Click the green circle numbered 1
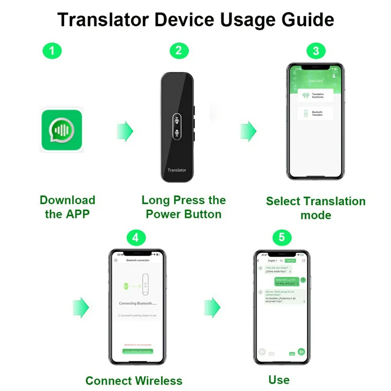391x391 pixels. click(x=52, y=51)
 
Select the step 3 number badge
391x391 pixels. click(x=316, y=51)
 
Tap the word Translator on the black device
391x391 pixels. click(x=177, y=170)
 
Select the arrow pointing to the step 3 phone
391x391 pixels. click(x=248, y=131)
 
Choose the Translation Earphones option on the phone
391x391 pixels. click(x=315, y=96)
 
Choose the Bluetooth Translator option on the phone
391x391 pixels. click(x=315, y=113)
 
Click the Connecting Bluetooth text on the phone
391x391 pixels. click(x=137, y=304)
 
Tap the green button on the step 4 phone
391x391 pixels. click(x=137, y=351)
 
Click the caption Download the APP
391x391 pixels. click(x=67, y=207)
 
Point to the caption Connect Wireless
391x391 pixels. click(x=133, y=381)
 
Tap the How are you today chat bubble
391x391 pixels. click(x=280, y=269)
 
